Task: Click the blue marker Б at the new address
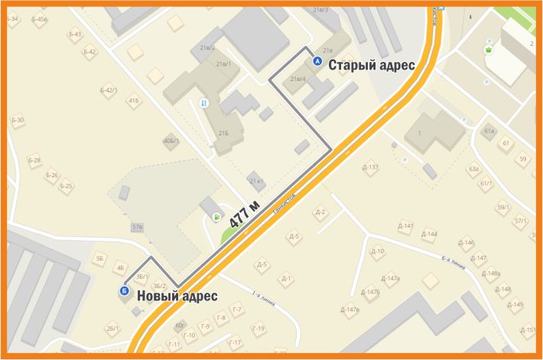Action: coord(124,290)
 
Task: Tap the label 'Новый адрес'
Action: coord(177,296)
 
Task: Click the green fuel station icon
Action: coord(217,218)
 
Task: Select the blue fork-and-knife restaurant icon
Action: coord(203,102)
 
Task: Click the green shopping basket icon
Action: coord(487,50)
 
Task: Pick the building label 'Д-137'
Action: coord(369,167)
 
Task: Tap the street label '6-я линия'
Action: coord(454,264)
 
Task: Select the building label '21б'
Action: coord(223,132)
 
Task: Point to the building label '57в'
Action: coord(138,227)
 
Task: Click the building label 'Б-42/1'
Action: coord(109,90)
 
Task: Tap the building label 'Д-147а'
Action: coord(389,278)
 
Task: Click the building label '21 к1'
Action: coord(256,180)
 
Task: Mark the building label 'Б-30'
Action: coord(18,120)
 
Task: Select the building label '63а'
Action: coord(474,168)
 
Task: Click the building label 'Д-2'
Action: coord(320,212)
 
